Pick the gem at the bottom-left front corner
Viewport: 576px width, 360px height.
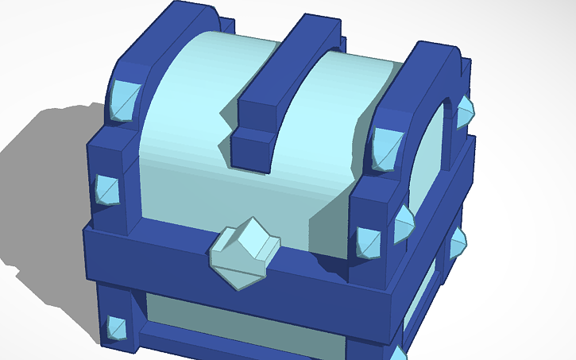pyautogui.click(x=117, y=327)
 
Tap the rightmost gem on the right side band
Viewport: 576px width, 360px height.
pyautogui.click(x=458, y=242)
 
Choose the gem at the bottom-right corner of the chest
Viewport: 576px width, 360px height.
pyautogui.click(x=398, y=353)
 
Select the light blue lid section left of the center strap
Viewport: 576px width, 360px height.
pyautogui.click(x=183, y=119)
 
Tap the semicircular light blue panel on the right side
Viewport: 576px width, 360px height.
pyautogui.click(x=433, y=159)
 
